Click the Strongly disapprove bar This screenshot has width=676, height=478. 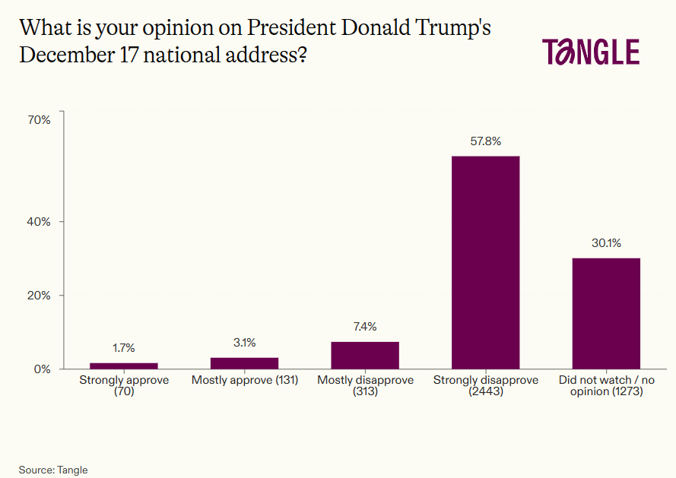485,262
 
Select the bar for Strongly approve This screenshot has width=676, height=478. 124,366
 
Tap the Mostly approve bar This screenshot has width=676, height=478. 244,363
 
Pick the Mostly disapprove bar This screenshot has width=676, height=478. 365,355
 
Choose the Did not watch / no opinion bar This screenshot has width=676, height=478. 606,313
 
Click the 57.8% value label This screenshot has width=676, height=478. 485,141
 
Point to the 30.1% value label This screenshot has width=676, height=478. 606,243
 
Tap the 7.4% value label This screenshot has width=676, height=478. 365,327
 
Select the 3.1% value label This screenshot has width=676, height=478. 244,343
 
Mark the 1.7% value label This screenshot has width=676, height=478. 124,348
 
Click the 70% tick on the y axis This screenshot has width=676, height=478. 39,119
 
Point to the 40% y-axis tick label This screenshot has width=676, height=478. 39,222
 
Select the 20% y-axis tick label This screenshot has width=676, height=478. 39,296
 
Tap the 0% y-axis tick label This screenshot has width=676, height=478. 42,369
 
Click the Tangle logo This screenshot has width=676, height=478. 590,52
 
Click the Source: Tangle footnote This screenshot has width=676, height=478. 53,470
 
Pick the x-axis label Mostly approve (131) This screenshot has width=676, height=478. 244,380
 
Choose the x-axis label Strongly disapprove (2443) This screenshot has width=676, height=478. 485,385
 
